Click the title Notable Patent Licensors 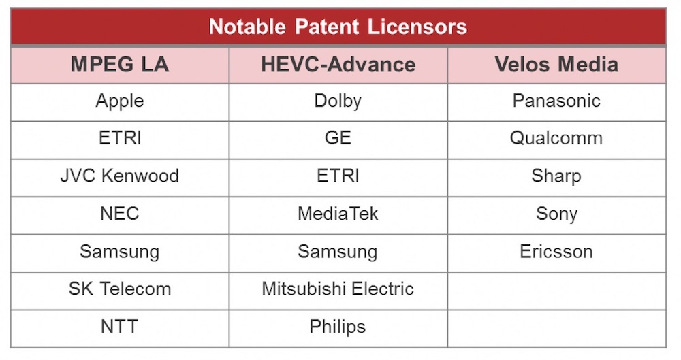pyautogui.click(x=338, y=27)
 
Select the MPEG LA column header pyautogui.click(x=120, y=65)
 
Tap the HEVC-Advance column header pyautogui.click(x=338, y=65)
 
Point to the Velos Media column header pyautogui.click(x=556, y=65)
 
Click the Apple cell pyautogui.click(x=120, y=101)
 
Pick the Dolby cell pyautogui.click(x=338, y=101)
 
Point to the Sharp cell pyautogui.click(x=556, y=177)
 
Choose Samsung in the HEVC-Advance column pyautogui.click(x=338, y=252)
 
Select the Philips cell pyautogui.click(x=338, y=327)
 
